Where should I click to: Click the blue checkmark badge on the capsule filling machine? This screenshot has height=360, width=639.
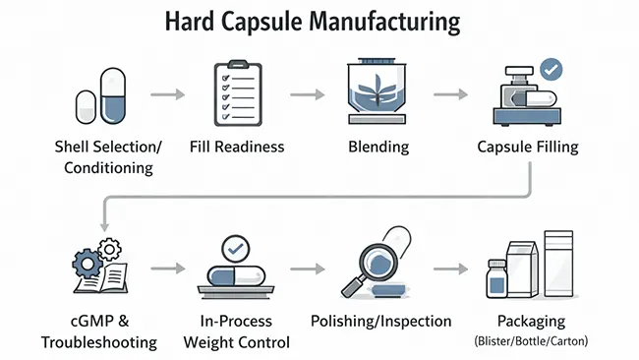point(552,70)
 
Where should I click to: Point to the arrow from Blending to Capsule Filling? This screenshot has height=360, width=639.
point(450,95)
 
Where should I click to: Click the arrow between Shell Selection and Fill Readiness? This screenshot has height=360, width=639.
point(168,95)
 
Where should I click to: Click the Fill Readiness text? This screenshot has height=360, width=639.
point(236,148)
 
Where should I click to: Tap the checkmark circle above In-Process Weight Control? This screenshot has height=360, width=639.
point(236,247)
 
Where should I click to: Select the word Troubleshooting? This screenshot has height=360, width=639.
point(98,342)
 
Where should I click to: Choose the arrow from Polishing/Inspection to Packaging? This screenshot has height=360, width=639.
point(450,269)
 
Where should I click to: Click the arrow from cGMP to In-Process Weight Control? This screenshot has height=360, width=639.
point(168,269)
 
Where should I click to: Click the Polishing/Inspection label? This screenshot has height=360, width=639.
point(380,321)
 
